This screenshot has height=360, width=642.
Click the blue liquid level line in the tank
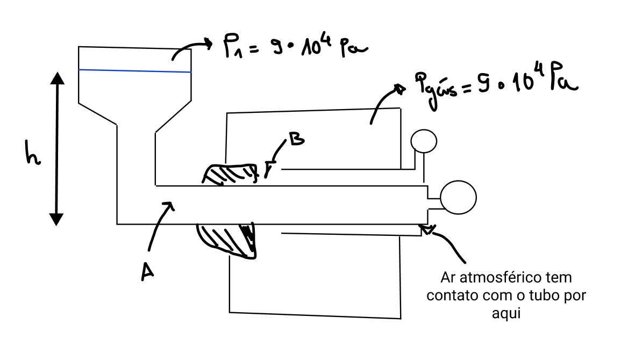point(134,70)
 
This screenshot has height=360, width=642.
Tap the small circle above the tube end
point(424,141)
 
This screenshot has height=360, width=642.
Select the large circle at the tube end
point(458,197)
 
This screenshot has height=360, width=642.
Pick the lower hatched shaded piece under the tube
point(229,240)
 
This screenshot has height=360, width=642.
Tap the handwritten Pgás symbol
point(432,84)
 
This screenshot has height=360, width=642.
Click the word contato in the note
point(450,296)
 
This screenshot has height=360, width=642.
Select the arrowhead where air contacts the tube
point(429,231)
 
